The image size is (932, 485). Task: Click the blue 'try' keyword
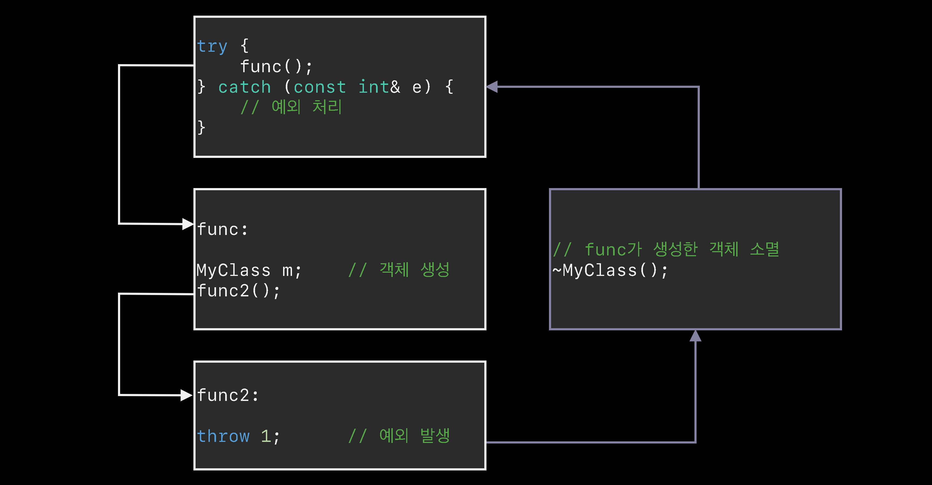click(x=212, y=47)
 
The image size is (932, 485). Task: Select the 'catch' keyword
click(x=245, y=87)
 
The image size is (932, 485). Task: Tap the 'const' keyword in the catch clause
click(x=319, y=87)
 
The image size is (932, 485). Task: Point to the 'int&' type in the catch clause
click(x=379, y=87)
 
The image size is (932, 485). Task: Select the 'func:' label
click(x=222, y=230)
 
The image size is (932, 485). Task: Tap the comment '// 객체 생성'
click(x=399, y=270)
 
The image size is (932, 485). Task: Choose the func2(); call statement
click(x=238, y=291)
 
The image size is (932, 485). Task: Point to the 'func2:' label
click(x=228, y=395)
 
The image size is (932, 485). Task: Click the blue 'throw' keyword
click(x=223, y=436)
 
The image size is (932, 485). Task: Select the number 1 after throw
click(x=266, y=436)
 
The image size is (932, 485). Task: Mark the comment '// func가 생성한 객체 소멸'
click(x=666, y=250)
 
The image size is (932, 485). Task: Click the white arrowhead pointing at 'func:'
click(x=187, y=224)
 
